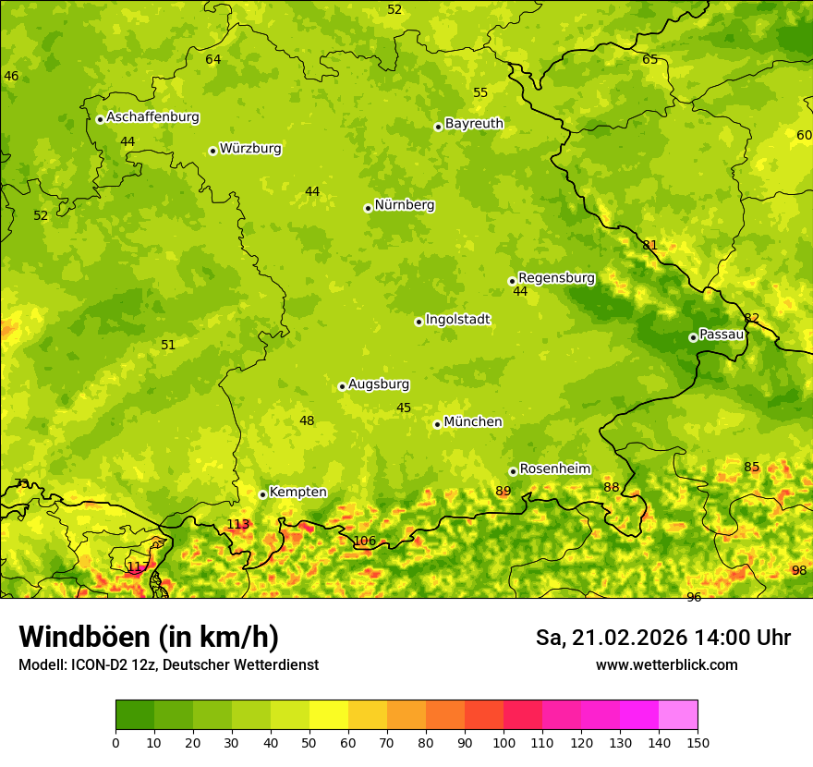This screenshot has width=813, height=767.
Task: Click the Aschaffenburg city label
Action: tap(152, 117)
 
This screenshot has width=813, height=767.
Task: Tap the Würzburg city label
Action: tap(250, 149)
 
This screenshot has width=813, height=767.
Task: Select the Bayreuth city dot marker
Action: tap(438, 127)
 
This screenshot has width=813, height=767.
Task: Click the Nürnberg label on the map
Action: tap(405, 205)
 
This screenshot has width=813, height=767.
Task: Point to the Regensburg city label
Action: tap(556, 278)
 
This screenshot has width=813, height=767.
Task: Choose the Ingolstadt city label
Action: tap(457, 320)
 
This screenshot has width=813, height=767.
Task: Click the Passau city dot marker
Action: tap(693, 337)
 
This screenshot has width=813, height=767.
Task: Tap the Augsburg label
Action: tap(379, 384)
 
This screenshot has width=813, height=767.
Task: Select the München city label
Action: tap(473, 422)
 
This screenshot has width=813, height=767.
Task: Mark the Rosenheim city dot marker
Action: tap(513, 471)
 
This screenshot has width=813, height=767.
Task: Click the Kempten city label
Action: tap(297, 493)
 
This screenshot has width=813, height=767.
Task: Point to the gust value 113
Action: tap(238, 525)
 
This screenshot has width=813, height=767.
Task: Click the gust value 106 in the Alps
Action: tap(365, 542)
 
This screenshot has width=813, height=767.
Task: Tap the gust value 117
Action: tap(138, 567)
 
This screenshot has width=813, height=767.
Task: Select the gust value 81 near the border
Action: tap(650, 246)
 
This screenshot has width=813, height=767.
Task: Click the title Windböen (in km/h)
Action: tap(149, 638)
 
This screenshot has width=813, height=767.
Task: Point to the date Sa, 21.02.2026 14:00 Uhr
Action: tap(662, 638)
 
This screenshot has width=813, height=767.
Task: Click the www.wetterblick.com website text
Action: tap(666, 665)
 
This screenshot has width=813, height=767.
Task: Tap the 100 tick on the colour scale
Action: tap(504, 742)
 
